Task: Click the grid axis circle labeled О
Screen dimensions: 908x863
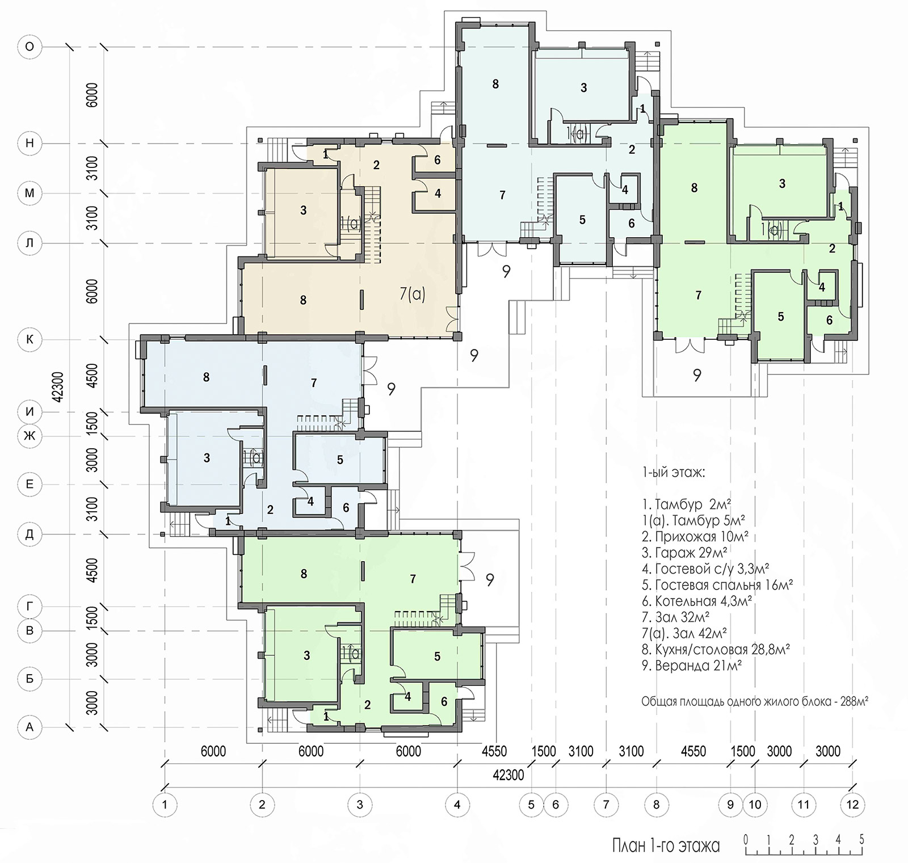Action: [x=30, y=47]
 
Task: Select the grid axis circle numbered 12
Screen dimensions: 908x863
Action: [x=852, y=804]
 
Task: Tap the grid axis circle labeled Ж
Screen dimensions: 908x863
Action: [x=30, y=436]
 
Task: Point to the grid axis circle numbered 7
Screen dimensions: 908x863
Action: [x=606, y=804]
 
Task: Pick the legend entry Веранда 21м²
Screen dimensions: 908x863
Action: [x=692, y=665]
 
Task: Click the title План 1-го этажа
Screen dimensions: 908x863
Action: [x=666, y=846]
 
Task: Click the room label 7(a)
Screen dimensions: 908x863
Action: [x=413, y=294]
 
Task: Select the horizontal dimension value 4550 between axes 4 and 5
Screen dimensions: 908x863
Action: [x=494, y=751]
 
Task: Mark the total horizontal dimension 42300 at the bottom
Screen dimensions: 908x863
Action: [x=508, y=775]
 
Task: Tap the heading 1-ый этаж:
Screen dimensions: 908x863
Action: [x=674, y=472]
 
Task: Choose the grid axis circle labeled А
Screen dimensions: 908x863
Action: [x=30, y=727]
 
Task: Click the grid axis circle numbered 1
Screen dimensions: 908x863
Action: [x=165, y=804]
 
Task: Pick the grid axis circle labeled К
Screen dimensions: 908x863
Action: [x=30, y=340]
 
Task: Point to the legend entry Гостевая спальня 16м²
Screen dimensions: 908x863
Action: [x=717, y=584]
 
